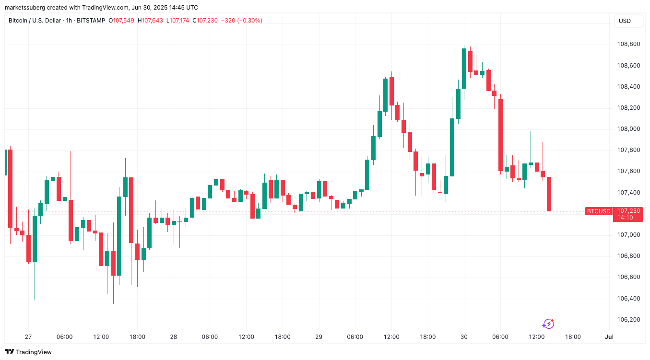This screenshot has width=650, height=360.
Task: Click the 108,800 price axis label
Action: pos(628,44)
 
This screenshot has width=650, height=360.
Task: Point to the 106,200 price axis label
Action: pos(628,319)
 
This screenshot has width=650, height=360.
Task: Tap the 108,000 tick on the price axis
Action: pos(628,129)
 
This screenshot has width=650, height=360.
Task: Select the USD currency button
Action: pos(625,21)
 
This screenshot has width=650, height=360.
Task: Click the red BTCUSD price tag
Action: pos(599,211)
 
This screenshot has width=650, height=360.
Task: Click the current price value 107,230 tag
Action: pos(628,211)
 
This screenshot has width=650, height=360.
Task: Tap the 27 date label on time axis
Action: pos(28,337)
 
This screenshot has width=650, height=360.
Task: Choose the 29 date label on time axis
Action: pos(319,337)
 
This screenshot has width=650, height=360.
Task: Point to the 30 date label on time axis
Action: pos(464,337)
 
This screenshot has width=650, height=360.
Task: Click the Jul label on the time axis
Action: pos(609,337)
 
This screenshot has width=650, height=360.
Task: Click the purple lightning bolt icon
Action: pos(548,324)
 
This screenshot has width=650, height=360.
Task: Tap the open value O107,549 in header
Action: pos(122,21)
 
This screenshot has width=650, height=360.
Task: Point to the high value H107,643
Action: pos(151,21)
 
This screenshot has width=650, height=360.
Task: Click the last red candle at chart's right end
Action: pos(549,194)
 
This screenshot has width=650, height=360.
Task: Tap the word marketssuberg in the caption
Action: pos(25,8)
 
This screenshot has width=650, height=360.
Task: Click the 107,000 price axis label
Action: pos(628,234)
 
